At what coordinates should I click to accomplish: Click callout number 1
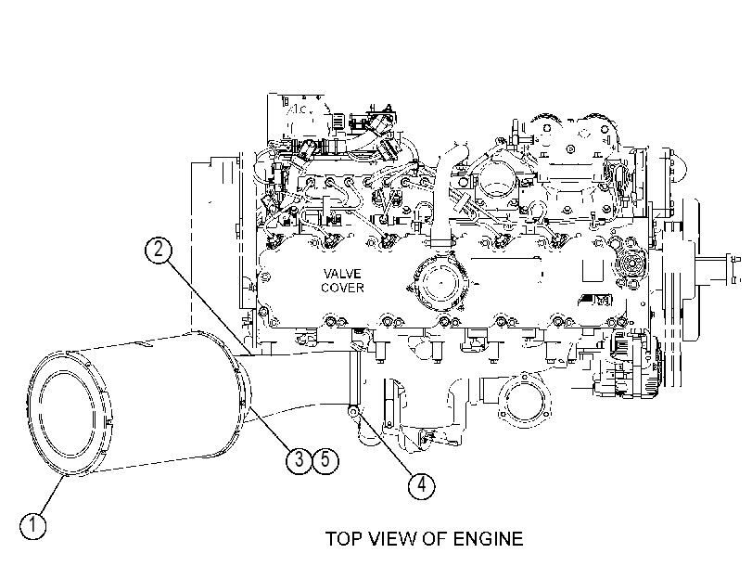(33, 525)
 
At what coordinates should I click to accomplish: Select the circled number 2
(159, 251)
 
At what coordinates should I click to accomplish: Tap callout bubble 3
(300, 460)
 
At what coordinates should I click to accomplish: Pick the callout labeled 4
(421, 485)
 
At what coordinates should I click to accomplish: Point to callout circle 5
(325, 460)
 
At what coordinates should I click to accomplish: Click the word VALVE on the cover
(342, 274)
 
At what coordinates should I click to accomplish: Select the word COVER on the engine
(342, 288)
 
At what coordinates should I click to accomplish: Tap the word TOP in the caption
(344, 539)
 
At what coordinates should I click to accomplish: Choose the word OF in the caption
(435, 539)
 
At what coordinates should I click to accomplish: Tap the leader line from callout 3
(271, 429)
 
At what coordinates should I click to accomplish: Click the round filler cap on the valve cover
(437, 285)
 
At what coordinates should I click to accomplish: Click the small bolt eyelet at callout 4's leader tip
(353, 411)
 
